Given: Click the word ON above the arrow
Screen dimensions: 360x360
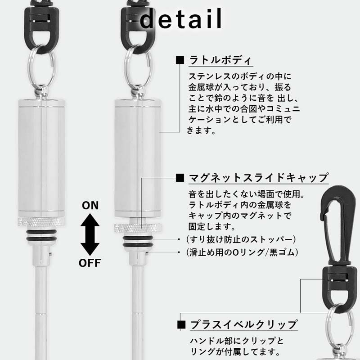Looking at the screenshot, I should [90, 206].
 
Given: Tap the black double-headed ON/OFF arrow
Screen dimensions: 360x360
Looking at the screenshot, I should [90, 234].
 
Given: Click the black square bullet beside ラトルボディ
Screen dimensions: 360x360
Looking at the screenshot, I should [180, 60].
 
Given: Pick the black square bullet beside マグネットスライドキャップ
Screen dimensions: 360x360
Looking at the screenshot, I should [180, 177].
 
